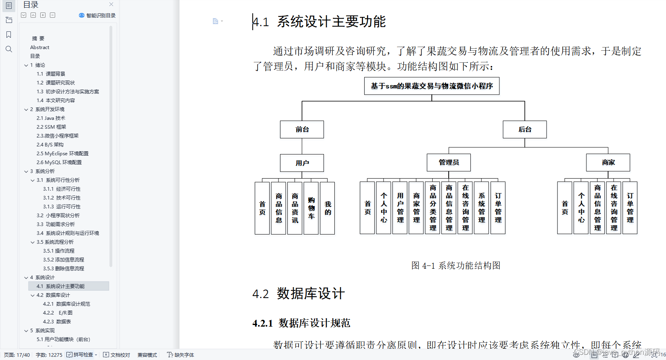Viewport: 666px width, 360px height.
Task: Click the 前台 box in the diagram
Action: pos(302,130)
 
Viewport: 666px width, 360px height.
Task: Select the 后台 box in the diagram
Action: pos(525,130)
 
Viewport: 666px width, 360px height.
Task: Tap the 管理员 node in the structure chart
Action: pos(449,163)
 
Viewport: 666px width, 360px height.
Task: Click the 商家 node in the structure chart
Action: pos(608,163)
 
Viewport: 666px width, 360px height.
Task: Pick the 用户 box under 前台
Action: pos(302,163)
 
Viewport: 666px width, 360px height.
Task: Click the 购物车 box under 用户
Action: pos(311,208)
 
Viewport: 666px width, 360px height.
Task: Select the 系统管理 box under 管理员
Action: pos(482,208)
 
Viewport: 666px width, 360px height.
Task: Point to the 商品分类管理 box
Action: pos(433,208)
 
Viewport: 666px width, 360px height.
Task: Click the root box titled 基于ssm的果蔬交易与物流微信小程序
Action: pos(432,86)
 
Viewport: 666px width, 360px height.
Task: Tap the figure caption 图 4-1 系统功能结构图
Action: pos(456,265)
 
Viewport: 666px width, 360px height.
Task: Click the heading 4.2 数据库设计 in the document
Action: pos(299,294)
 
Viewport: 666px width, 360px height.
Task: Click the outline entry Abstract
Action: pos(39,47)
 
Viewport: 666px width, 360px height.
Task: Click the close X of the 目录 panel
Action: pos(111,4)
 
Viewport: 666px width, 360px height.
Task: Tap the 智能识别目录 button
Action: pos(97,15)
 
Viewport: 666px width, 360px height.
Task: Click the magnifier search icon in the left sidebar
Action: pos(9,49)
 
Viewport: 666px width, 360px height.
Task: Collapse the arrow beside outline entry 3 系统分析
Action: pos(26,171)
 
